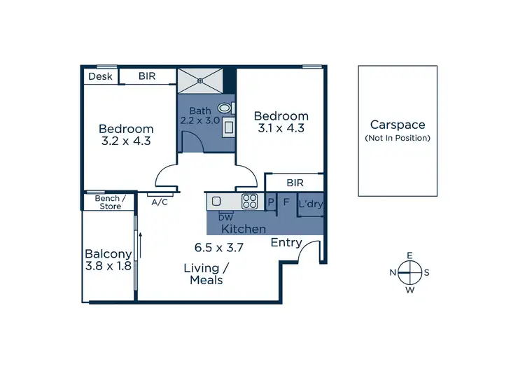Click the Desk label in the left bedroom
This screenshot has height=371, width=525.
(99, 76)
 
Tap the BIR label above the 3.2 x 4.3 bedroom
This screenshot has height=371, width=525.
(147, 76)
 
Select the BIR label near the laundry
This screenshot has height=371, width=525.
(295, 183)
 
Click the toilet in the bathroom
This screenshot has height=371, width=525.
(225, 108)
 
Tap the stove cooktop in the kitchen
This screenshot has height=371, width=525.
(250, 202)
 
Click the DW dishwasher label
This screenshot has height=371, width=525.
(225, 217)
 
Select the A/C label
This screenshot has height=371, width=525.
(159, 202)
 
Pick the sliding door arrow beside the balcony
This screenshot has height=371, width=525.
(140, 244)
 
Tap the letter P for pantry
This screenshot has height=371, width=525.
(271, 203)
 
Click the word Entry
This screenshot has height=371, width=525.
(286, 243)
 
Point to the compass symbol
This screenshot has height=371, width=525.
(410, 272)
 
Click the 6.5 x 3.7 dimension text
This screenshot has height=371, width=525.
(218, 247)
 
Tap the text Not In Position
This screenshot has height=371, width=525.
(398, 138)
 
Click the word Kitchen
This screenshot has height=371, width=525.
(244, 229)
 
